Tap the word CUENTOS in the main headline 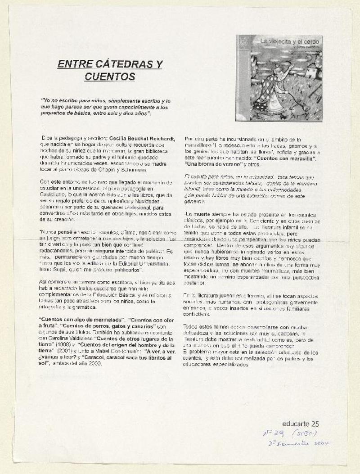(x=109, y=77)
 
